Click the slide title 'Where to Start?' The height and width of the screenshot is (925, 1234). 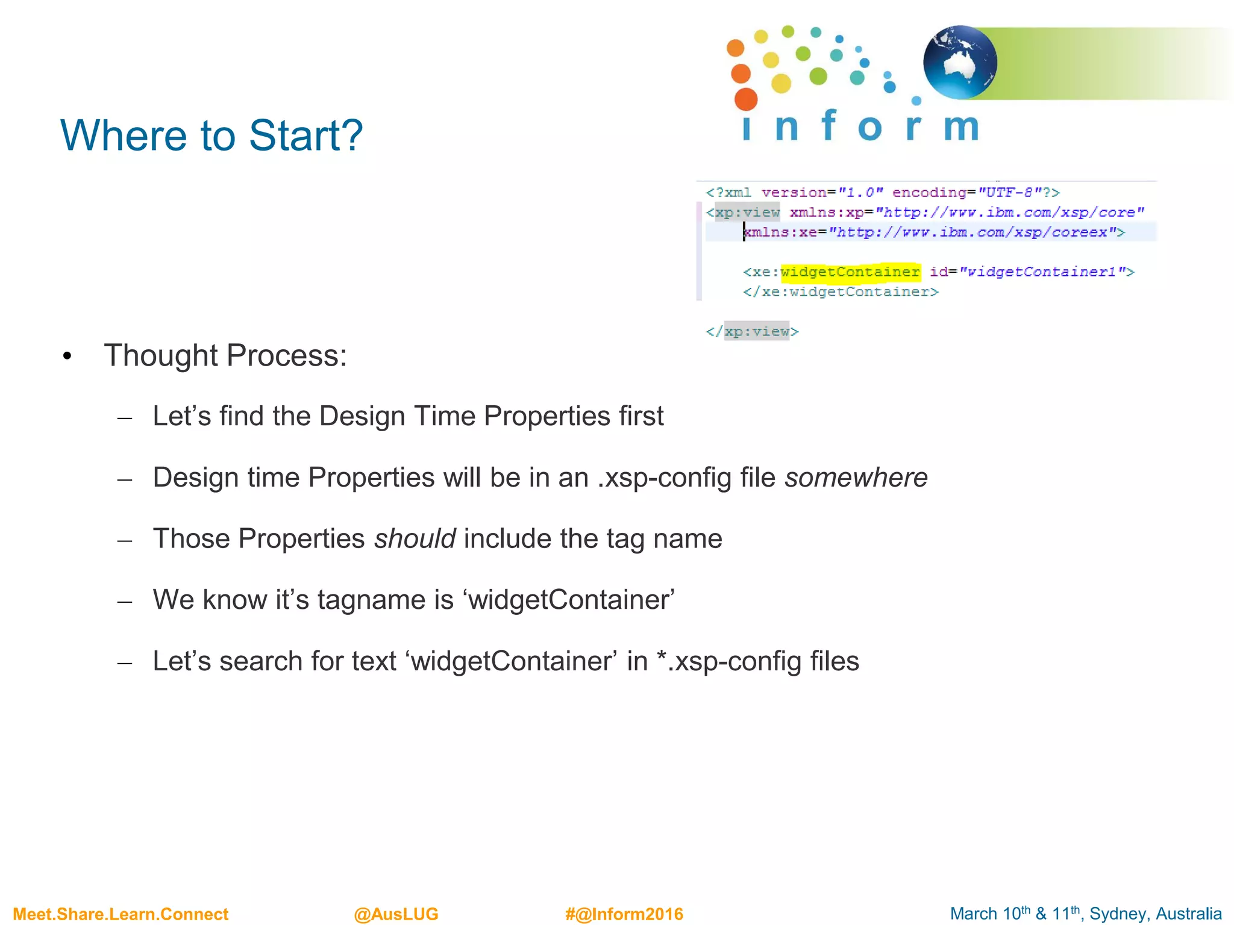211,135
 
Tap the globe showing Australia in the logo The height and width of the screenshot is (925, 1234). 960,63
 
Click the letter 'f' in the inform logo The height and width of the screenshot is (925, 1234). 829,125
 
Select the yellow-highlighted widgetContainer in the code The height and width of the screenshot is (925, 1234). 850,272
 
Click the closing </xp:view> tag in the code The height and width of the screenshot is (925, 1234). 753,331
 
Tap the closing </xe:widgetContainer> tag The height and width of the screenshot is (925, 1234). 841,292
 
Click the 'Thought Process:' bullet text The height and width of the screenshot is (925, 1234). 225,355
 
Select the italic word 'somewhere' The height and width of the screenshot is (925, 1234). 856,478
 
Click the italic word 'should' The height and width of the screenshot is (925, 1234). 415,538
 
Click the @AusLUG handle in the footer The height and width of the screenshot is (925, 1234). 396,914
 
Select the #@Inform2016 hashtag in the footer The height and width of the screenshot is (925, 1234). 624,914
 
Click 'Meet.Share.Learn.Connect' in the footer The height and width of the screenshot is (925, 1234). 121,914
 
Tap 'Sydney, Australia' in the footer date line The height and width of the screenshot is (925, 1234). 1155,914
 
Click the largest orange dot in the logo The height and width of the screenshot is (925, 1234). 746,99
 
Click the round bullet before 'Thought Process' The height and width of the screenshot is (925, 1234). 67,357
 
